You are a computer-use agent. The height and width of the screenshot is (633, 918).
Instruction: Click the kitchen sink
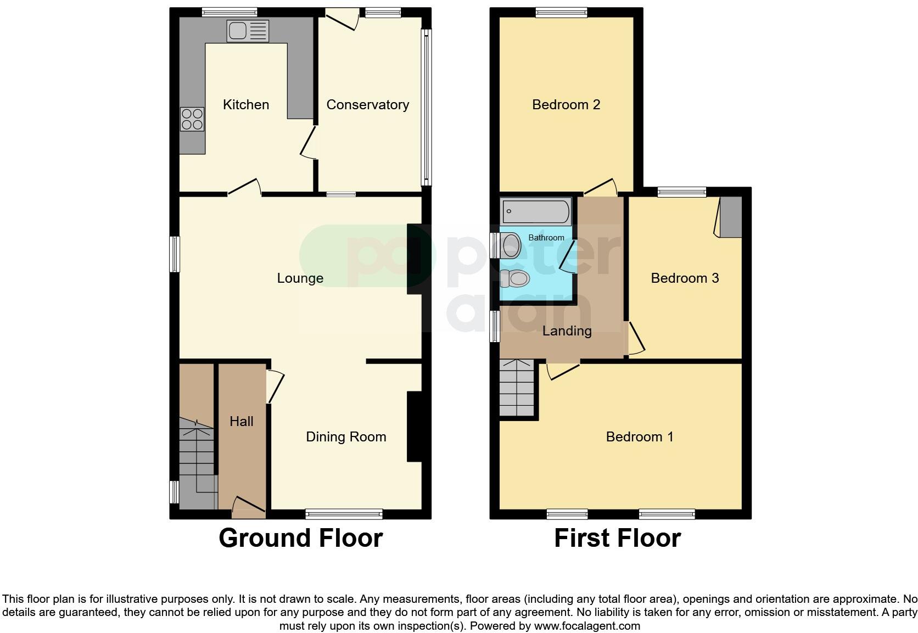[x=248, y=31]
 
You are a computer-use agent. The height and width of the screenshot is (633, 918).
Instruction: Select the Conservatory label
[x=367, y=105]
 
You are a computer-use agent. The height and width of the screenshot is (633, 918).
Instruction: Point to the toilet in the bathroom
[x=516, y=278]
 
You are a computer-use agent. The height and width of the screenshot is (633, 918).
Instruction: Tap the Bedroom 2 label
[x=566, y=105]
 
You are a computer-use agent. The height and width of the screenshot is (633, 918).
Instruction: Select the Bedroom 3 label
[x=685, y=278]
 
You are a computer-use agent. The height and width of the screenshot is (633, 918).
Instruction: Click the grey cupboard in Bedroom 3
[x=731, y=217]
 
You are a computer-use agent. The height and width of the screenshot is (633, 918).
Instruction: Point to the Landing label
[x=567, y=331]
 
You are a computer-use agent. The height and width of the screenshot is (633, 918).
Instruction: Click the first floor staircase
[x=517, y=388]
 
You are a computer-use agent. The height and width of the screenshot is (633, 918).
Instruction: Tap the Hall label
[x=242, y=421]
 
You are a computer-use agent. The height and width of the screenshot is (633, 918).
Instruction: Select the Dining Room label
[x=346, y=437]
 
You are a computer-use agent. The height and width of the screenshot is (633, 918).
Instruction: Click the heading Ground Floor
[x=300, y=538]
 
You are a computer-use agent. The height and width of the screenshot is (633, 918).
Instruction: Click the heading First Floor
[x=617, y=538]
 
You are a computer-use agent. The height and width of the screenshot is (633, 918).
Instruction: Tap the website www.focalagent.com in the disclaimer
[x=587, y=626]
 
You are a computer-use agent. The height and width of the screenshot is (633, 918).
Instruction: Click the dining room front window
[x=344, y=514]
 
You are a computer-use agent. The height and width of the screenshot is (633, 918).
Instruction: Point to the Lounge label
[x=300, y=278]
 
